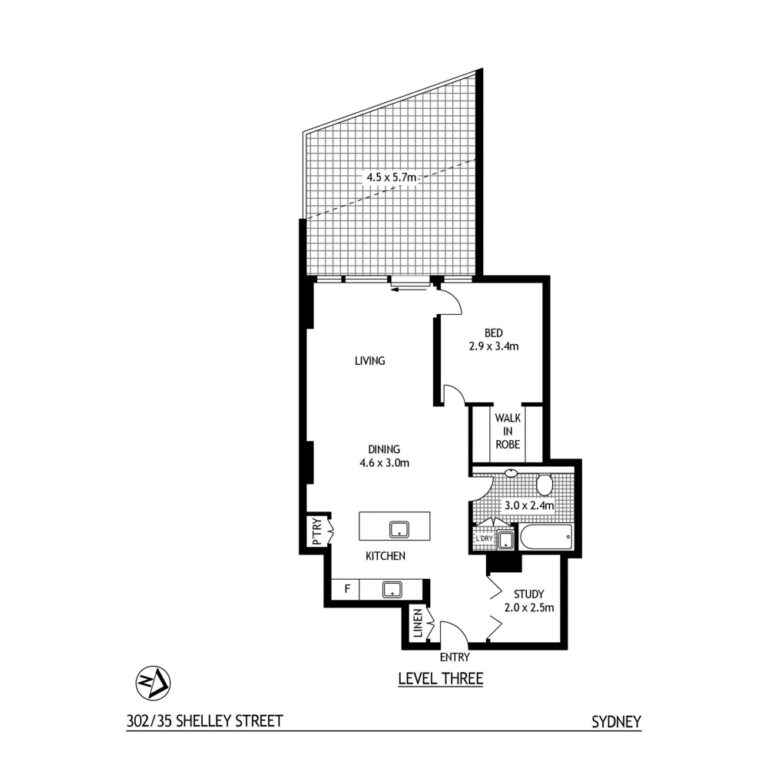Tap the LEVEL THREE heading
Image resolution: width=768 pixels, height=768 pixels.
pos(440,679)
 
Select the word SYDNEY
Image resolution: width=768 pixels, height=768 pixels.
pos(615,721)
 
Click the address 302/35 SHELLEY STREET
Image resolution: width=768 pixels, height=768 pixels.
pos(205,721)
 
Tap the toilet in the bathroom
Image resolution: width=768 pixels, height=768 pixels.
pos(544,486)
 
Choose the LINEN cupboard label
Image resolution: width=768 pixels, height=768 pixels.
pos(417,625)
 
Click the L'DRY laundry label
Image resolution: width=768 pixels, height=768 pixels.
pos(484,540)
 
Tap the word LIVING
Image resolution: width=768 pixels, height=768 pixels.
pos(369,361)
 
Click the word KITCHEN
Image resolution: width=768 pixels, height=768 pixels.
pos(384,555)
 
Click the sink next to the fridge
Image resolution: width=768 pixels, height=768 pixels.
pos(395,588)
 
